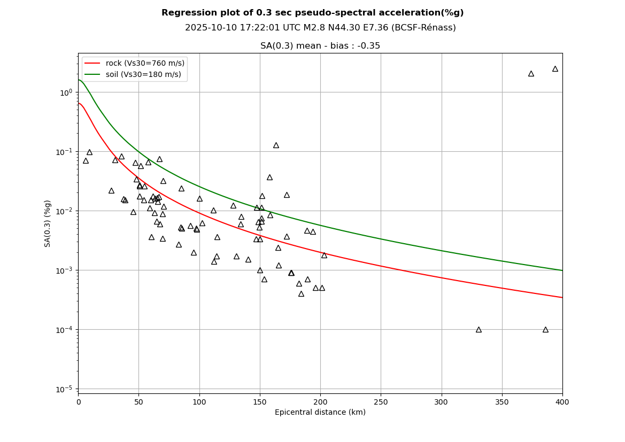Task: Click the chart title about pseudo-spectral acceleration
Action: (312, 13)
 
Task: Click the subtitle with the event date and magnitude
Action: (320, 28)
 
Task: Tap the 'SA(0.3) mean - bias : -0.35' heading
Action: (320, 46)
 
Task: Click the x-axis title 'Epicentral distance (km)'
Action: (320, 412)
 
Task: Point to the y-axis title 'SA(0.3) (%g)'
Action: (48, 223)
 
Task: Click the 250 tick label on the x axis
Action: (381, 401)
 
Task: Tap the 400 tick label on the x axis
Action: (562, 401)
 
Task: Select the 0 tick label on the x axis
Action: (79, 401)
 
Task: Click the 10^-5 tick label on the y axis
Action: (66, 389)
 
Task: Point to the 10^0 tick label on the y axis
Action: (66, 92)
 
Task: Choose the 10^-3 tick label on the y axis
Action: (66, 270)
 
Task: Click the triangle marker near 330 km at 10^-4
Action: (479, 329)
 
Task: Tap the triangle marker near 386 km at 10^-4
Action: (545, 329)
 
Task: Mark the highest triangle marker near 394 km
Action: (555, 68)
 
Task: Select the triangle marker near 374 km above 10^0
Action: (531, 73)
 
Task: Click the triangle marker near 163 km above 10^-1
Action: (276, 145)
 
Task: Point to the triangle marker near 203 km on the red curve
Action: (324, 255)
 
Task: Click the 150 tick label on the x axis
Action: (260, 401)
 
